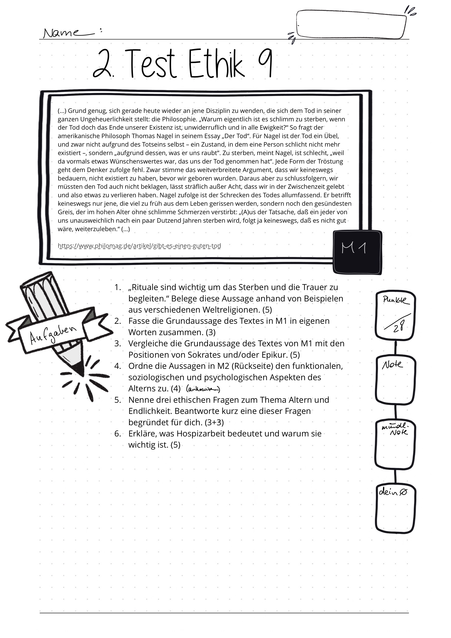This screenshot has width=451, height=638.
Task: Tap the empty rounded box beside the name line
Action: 351,24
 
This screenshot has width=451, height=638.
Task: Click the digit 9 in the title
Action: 265,64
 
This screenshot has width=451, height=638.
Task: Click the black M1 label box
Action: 357,252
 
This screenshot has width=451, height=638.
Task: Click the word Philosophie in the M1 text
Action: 174,119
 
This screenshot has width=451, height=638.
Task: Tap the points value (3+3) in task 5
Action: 214,422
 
